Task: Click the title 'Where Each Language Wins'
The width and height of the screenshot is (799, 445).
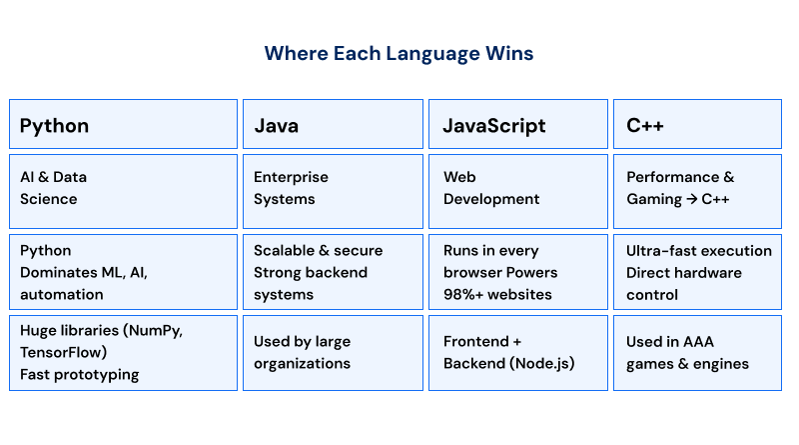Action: [x=399, y=53]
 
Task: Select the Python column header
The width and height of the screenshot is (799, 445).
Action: [x=123, y=125]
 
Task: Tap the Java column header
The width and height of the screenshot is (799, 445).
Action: [x=333, y=125]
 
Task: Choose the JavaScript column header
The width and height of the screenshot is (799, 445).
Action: [x=517, y=125]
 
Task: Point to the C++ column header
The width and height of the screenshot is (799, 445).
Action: [x=697, y=125]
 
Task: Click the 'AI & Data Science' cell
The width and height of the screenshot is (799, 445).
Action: [x=123, y=188]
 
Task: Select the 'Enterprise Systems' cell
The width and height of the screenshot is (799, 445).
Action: [x=333, y=188]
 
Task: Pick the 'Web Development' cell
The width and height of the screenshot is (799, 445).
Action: [x=517, y=188]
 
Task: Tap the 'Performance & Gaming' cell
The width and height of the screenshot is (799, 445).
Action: [x=697, y=188]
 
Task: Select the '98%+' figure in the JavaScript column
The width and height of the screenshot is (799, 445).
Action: [x=465, y=295]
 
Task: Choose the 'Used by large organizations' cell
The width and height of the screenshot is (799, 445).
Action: [x=333, y=352]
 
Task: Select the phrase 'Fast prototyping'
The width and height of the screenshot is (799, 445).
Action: [x=79, y=374]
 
